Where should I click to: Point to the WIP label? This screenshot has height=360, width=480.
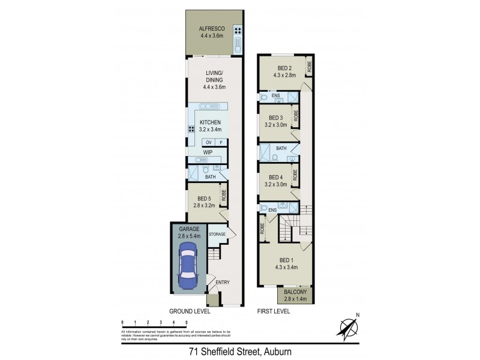[x=208, y=152]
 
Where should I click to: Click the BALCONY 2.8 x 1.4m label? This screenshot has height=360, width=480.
[x=295, y=295]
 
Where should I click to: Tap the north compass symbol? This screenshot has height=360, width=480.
[x=348, y=326]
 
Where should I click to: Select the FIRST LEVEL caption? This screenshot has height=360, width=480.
[x=274, y=311]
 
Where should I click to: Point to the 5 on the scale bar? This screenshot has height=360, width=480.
[x=187, y=323]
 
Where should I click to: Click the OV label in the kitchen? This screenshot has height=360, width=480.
[x=209, y=142]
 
